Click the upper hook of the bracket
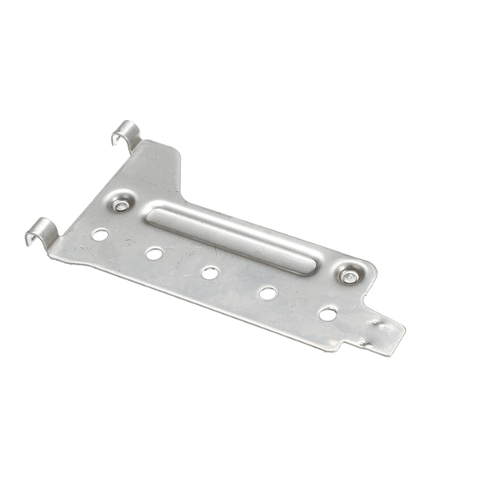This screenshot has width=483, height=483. [x=126, y=133]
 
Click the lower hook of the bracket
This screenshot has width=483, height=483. [x=39, y=230]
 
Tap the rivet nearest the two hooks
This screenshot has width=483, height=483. [x=122, y=204]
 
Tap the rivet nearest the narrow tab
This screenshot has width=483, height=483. [x=349, y=276]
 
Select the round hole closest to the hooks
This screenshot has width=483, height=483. [x=100, y=234]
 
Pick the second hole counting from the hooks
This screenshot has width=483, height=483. [x=154, y=254]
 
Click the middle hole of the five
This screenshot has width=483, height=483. [x=210, y=273]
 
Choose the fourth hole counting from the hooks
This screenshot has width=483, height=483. [x=268, y=293]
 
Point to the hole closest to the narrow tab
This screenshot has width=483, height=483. [x=328, y=313]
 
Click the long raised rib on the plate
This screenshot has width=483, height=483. [x=233, y=238]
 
